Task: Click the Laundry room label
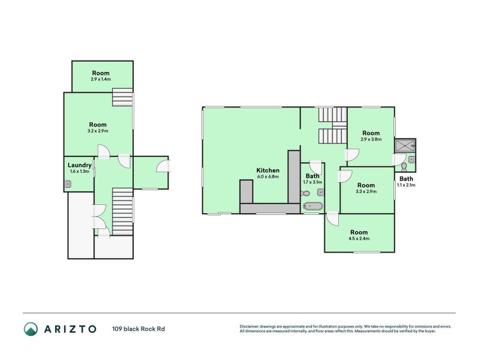[x=79, y=165]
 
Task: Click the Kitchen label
[x=267, y=170]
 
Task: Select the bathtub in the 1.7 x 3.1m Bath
[x=313, y=207]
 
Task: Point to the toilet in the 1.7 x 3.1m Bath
[x=305, y=193]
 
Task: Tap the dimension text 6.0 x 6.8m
[x=267, y=177]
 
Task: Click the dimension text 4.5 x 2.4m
[x=359, y=239]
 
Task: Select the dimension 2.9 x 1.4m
[x=101, y=79]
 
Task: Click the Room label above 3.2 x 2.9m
[x=101, y=124]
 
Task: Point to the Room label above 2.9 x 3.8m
[x=371, y=133]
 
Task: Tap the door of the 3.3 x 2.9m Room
[x=344, y=176]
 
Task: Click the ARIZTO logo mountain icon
[x=31, y=329]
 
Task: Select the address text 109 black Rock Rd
[x=138, y=329]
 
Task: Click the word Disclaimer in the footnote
[x=251, y=326]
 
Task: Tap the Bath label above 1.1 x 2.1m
[x=407, y=179]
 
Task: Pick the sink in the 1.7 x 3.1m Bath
[x=320, y=192]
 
